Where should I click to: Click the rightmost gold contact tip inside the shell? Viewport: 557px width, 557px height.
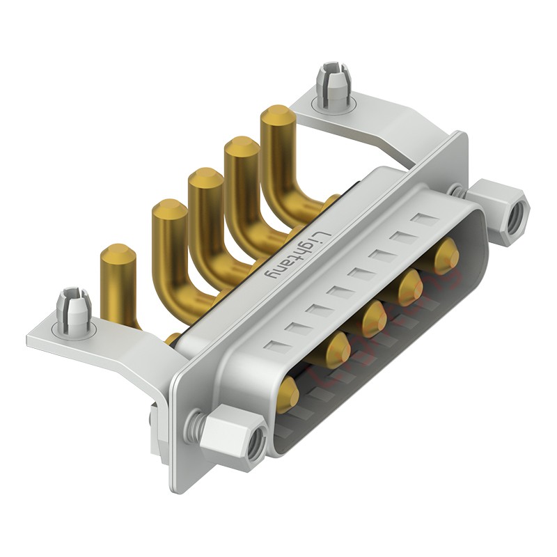[446, 256]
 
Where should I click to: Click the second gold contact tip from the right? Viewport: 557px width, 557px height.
[410, 285]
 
